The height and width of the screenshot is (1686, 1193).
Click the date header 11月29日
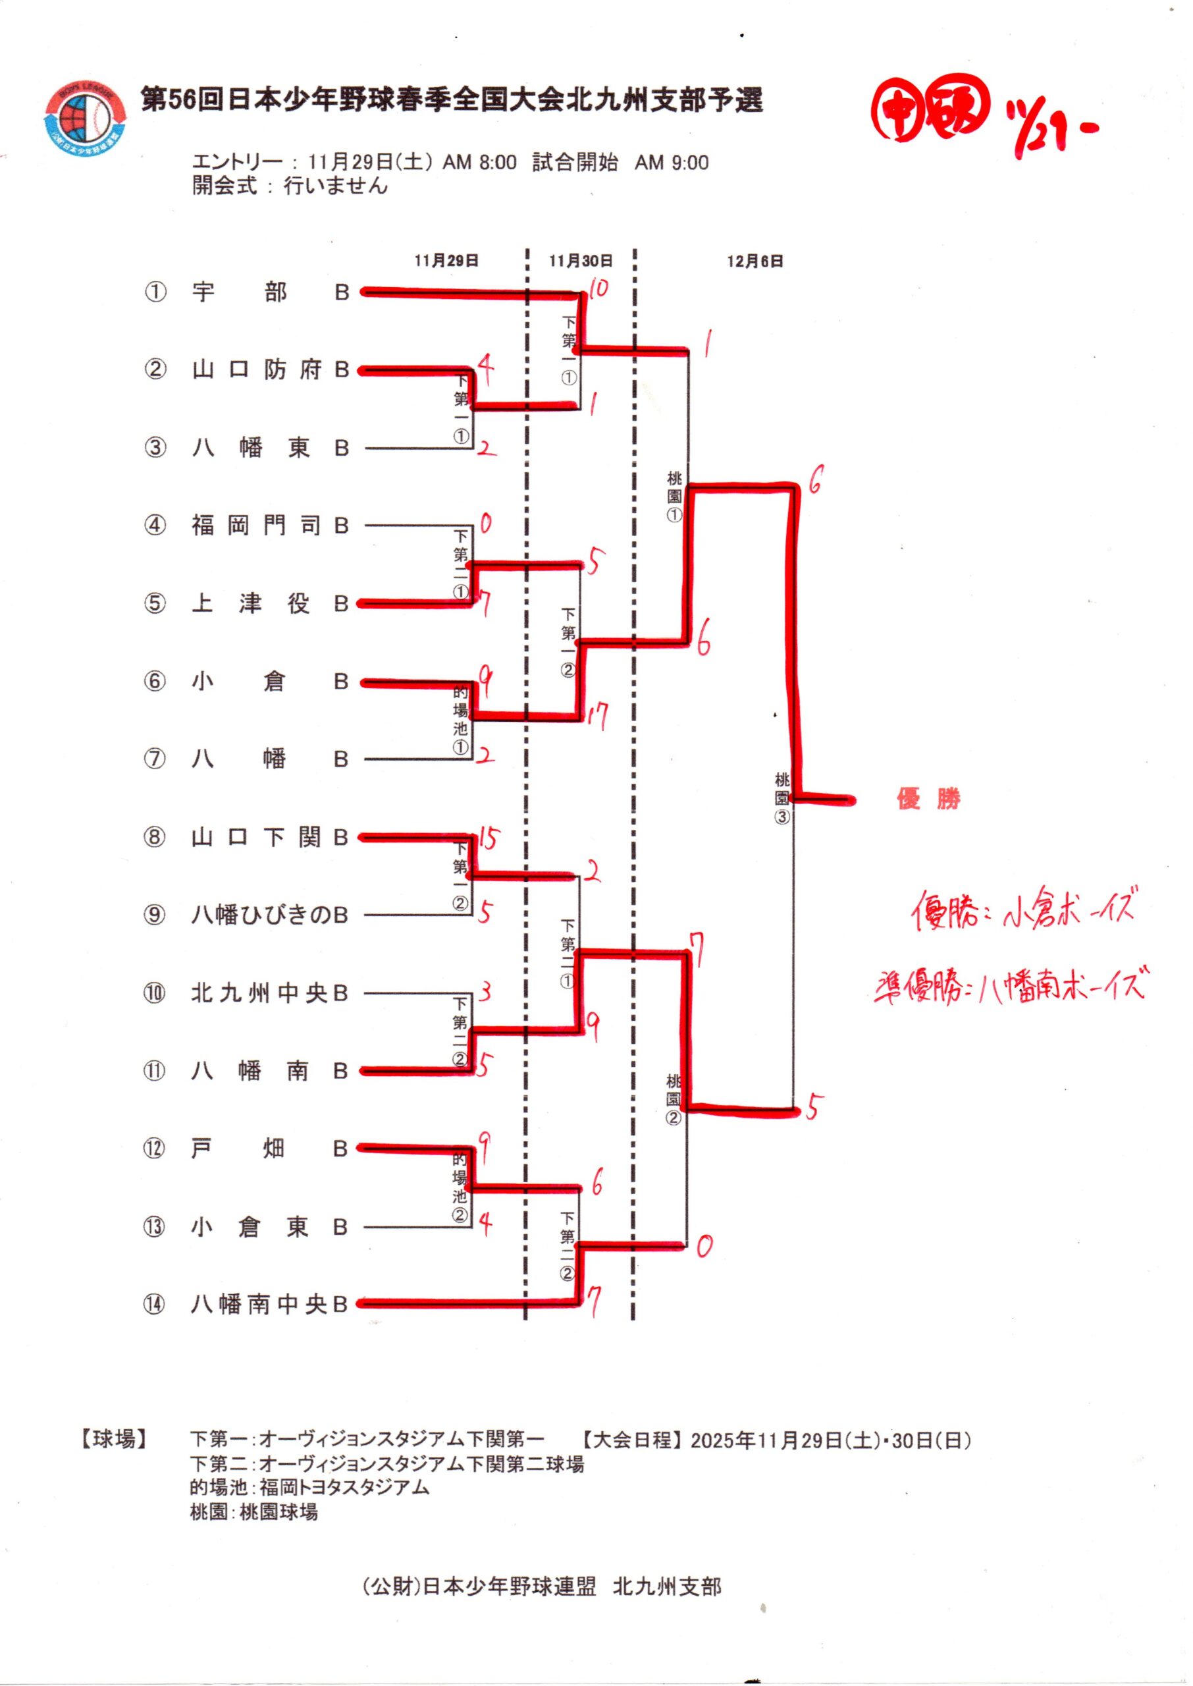(446, 261)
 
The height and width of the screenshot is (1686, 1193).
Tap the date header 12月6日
(755, 261)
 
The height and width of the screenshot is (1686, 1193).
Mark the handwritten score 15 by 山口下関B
(487, 838)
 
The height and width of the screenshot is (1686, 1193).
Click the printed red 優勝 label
(928, 800)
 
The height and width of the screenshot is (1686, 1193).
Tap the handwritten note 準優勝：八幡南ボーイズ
(1009, 985)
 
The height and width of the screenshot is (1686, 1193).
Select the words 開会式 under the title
(225, 186)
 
